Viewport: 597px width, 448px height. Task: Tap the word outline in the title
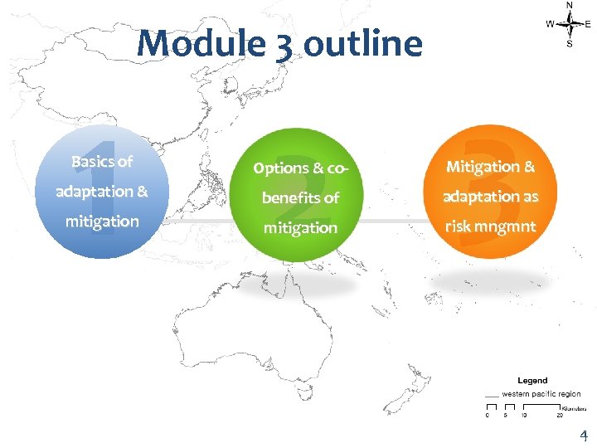coord(362,43)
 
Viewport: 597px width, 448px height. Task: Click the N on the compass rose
coord(569,5)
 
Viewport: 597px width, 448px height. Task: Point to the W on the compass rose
coord(550,24)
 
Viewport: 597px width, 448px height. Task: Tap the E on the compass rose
coord(588,24)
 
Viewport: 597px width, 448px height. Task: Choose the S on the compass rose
coord(569,44)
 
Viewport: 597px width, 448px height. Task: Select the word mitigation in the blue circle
coord(102,222)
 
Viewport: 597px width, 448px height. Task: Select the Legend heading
coord(532,380)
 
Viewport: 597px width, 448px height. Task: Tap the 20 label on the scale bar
coord(559,416)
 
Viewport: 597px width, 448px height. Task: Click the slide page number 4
coord(583,436)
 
